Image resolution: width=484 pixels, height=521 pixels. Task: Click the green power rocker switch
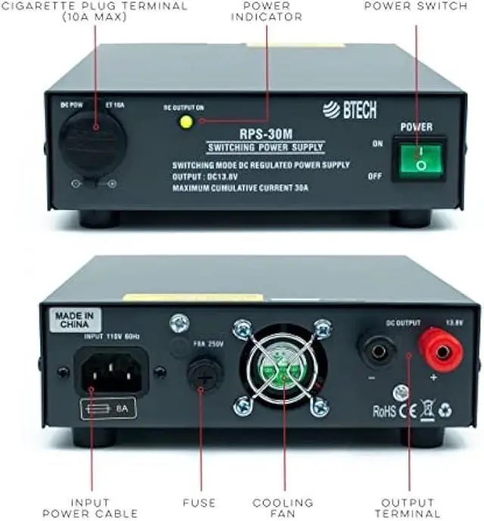417,159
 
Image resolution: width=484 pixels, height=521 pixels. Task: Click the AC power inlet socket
110,371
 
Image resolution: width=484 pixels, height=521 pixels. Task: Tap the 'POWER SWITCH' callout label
415,6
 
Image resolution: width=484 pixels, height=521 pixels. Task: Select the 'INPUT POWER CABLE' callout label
92,507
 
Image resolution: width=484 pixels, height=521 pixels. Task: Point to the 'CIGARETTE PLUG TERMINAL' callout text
95,11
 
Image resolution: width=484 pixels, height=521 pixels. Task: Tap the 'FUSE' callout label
200,502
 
